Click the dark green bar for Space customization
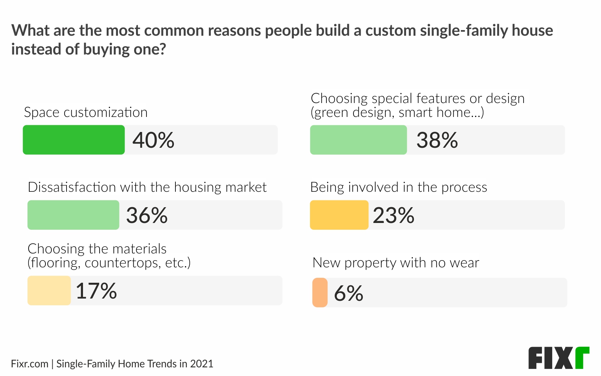[74, 140]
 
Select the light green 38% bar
[358, 140]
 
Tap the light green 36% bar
[73, 215]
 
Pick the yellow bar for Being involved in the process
[339, 215]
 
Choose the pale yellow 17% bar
[49, 291]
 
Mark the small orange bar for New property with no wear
[320, 293]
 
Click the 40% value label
[153, 140]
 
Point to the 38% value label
[437, 140]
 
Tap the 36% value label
[147, 215]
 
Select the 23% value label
[393, 215]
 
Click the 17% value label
[96, 291]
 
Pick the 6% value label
[348, 293]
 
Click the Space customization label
[86, 112]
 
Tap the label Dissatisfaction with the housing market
[147, 187]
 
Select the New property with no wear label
[396, 263]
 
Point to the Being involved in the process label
[399, 187]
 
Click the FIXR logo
[559, 358]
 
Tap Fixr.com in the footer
[30, 364]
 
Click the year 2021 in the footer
[202, 364]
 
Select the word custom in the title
[391, 31]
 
